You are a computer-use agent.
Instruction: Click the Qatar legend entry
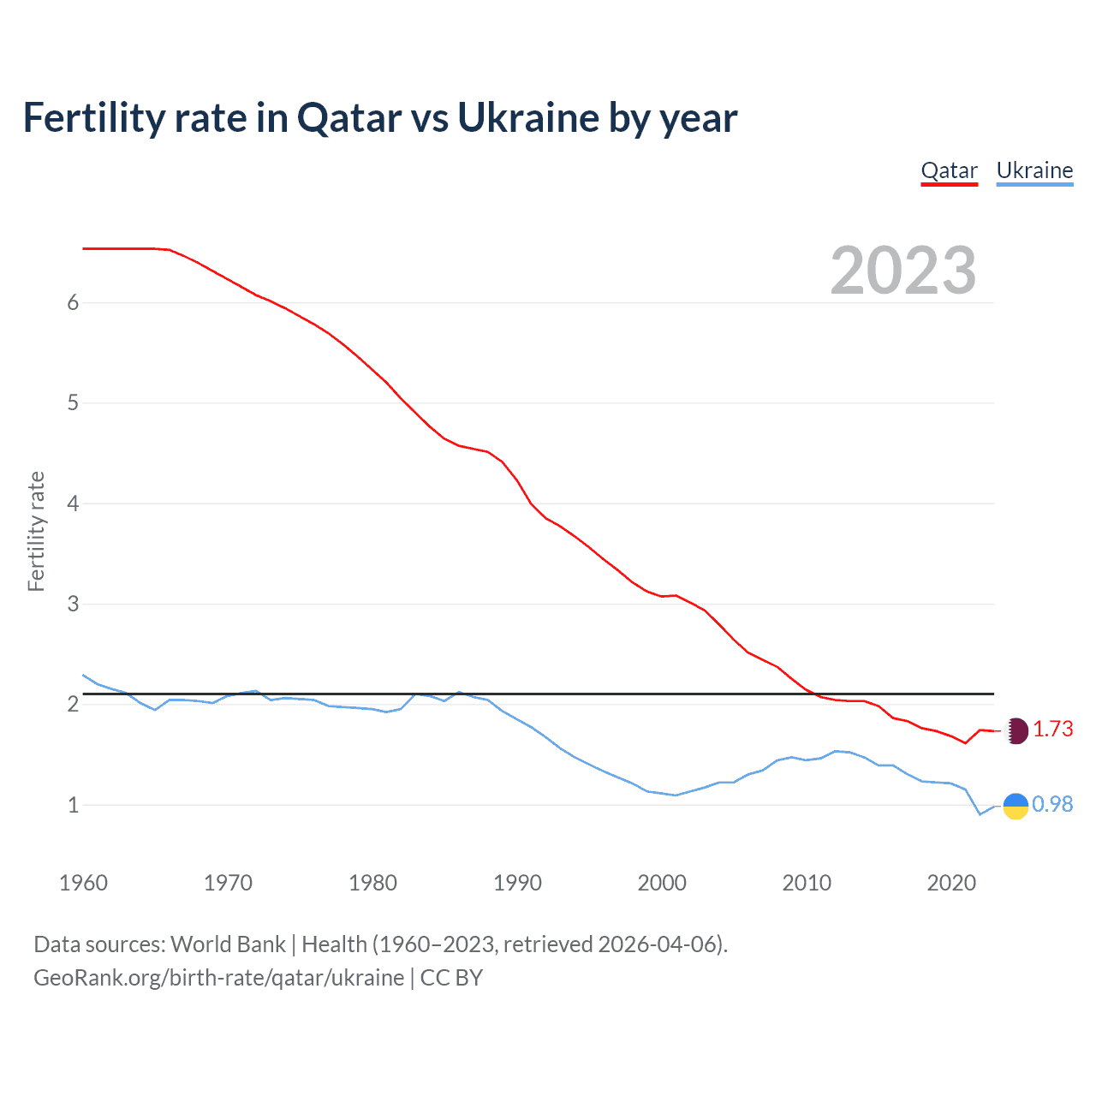pyautogui.click(x=949, y=170)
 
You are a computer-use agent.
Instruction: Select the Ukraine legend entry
pyautogui.click(x=1034, y=170)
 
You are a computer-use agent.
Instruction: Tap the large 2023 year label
pyautogui.click(x=902, y=271)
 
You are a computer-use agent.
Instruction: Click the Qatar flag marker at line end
pyautogui.click(x=1016, y=730)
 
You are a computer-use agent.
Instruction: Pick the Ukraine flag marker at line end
pyautogui.click(x=1016, y=806)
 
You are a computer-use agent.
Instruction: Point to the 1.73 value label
pyautogui.click(x=1052, y=730)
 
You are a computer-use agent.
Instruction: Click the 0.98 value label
pyautogui.click(x=1052, y=805)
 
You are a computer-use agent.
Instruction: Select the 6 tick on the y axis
pyautogui.click(x=73, y=303)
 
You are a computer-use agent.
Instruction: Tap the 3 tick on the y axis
pyautogui.click(x=73, y=605)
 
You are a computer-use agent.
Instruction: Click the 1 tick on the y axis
pyautogui.click(x=73, y=806)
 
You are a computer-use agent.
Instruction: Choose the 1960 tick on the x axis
pyautogui.click(x=83, y=883)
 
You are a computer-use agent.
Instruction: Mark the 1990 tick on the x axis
pyautogui.click(x=517, y=883)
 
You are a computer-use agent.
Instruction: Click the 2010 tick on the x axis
pyautogui.click(x=807, y=883)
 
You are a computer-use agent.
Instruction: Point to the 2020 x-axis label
pyautogui.click(x=951, y=883)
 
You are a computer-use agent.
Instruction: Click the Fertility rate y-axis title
pyautogui.click(x=36, y=531)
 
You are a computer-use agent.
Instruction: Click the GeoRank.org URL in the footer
pyautogui.click(x=218, y=978)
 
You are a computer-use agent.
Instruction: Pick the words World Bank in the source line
pyautogui.click(x=228, y=944)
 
